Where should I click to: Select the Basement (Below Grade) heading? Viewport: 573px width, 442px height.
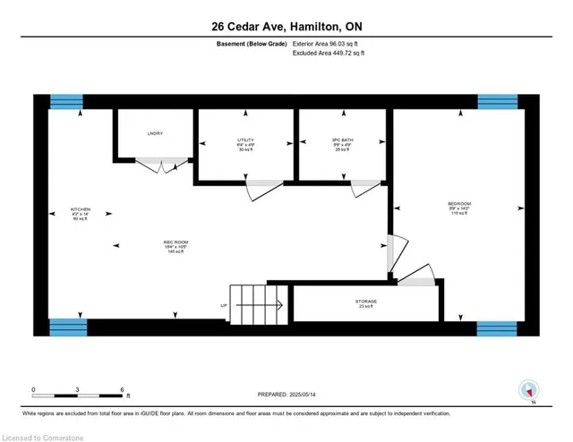point(252,44)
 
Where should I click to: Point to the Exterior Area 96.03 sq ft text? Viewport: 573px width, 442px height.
point(330,44)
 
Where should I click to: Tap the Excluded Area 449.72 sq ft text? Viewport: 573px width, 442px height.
point(329,54)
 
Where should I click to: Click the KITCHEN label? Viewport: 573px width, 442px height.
point(79,213)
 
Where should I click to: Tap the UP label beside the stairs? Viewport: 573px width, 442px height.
point(223,305)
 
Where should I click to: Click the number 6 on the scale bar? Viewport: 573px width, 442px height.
point(122,390)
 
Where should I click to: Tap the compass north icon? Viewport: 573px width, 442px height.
point(528,390)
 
